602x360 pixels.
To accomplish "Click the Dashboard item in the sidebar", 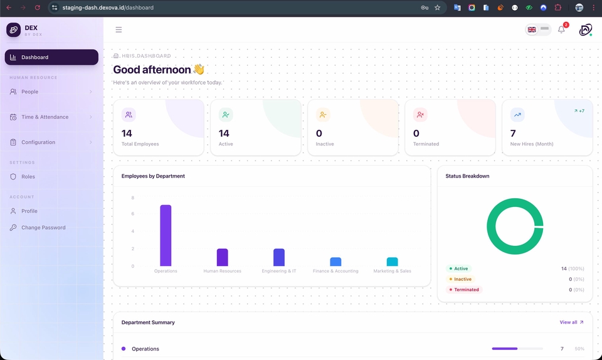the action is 51,57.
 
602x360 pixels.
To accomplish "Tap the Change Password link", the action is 43,228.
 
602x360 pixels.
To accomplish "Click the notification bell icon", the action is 561,29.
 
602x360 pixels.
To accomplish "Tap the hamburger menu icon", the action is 119,29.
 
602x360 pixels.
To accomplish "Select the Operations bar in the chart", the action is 166,235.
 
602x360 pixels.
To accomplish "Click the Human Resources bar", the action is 222,257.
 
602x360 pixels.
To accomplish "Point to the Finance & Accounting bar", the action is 335,262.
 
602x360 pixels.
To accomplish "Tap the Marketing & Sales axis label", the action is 392,271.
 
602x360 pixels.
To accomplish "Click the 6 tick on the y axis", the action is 133,214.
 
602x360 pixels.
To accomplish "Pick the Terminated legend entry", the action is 464,290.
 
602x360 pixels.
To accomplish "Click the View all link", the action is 572,322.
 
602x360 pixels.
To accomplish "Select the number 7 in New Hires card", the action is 513,134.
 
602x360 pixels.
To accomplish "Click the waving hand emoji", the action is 199,70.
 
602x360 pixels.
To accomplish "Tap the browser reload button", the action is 37,8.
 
